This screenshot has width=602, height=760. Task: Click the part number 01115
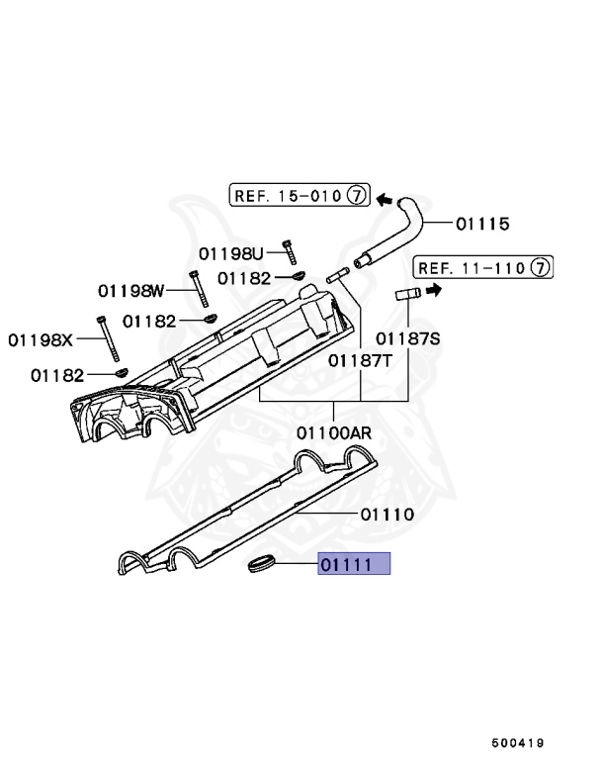point(482,225)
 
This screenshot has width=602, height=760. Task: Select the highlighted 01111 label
point(354,565)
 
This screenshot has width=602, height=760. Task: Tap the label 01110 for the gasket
point(387,515)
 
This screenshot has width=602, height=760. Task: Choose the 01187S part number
point(407,337)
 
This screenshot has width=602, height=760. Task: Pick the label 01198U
point(231,252)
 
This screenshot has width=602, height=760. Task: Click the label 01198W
point(130,291)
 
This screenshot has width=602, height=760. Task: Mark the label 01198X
point(42,339)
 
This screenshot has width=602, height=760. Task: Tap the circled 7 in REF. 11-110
point(539,267)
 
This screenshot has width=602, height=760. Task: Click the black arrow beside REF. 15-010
point(387,197)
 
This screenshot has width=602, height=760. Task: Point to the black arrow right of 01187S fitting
point(434,290)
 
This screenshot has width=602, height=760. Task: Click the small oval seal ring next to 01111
point(260,565)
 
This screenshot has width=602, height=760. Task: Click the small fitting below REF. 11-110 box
point(408,293)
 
